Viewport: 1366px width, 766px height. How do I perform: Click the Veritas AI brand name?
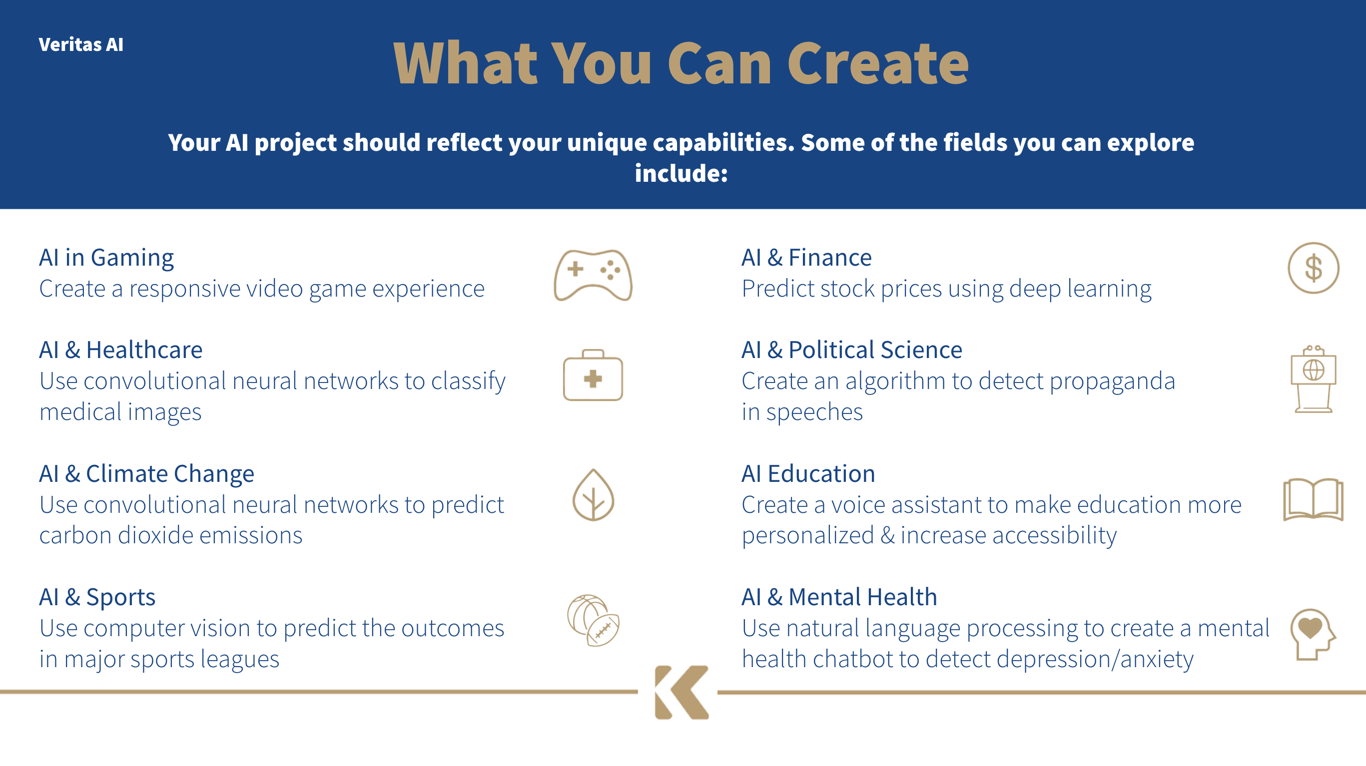[x=81, y=44]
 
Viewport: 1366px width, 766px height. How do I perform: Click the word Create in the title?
[x=878, y=63]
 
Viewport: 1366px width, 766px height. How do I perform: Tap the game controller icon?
[x=593, y=275]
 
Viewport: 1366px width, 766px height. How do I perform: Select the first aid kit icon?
[x=593, y=375]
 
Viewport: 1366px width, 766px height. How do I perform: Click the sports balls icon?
[x=594, y=620]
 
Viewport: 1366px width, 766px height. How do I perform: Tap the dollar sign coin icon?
[x=1313, y=268]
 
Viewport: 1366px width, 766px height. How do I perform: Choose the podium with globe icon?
[x=1313, y=379]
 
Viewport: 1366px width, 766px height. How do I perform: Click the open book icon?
[x=1313, y=499]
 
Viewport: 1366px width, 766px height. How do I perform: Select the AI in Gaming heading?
[x=106, y=258]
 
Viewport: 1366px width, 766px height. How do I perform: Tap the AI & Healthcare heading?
[x=121, y=350]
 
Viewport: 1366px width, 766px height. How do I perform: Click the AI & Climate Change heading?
[x=147, y=474]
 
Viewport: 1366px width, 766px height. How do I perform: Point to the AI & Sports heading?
[x=97, y=597]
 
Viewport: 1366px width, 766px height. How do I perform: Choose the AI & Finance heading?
[x=806, y=258]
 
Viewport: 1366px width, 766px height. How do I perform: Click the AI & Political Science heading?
[x=852, y=350]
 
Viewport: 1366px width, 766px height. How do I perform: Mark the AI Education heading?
[x=808, y=473]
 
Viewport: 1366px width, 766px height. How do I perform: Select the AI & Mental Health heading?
[x=839, y=597]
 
